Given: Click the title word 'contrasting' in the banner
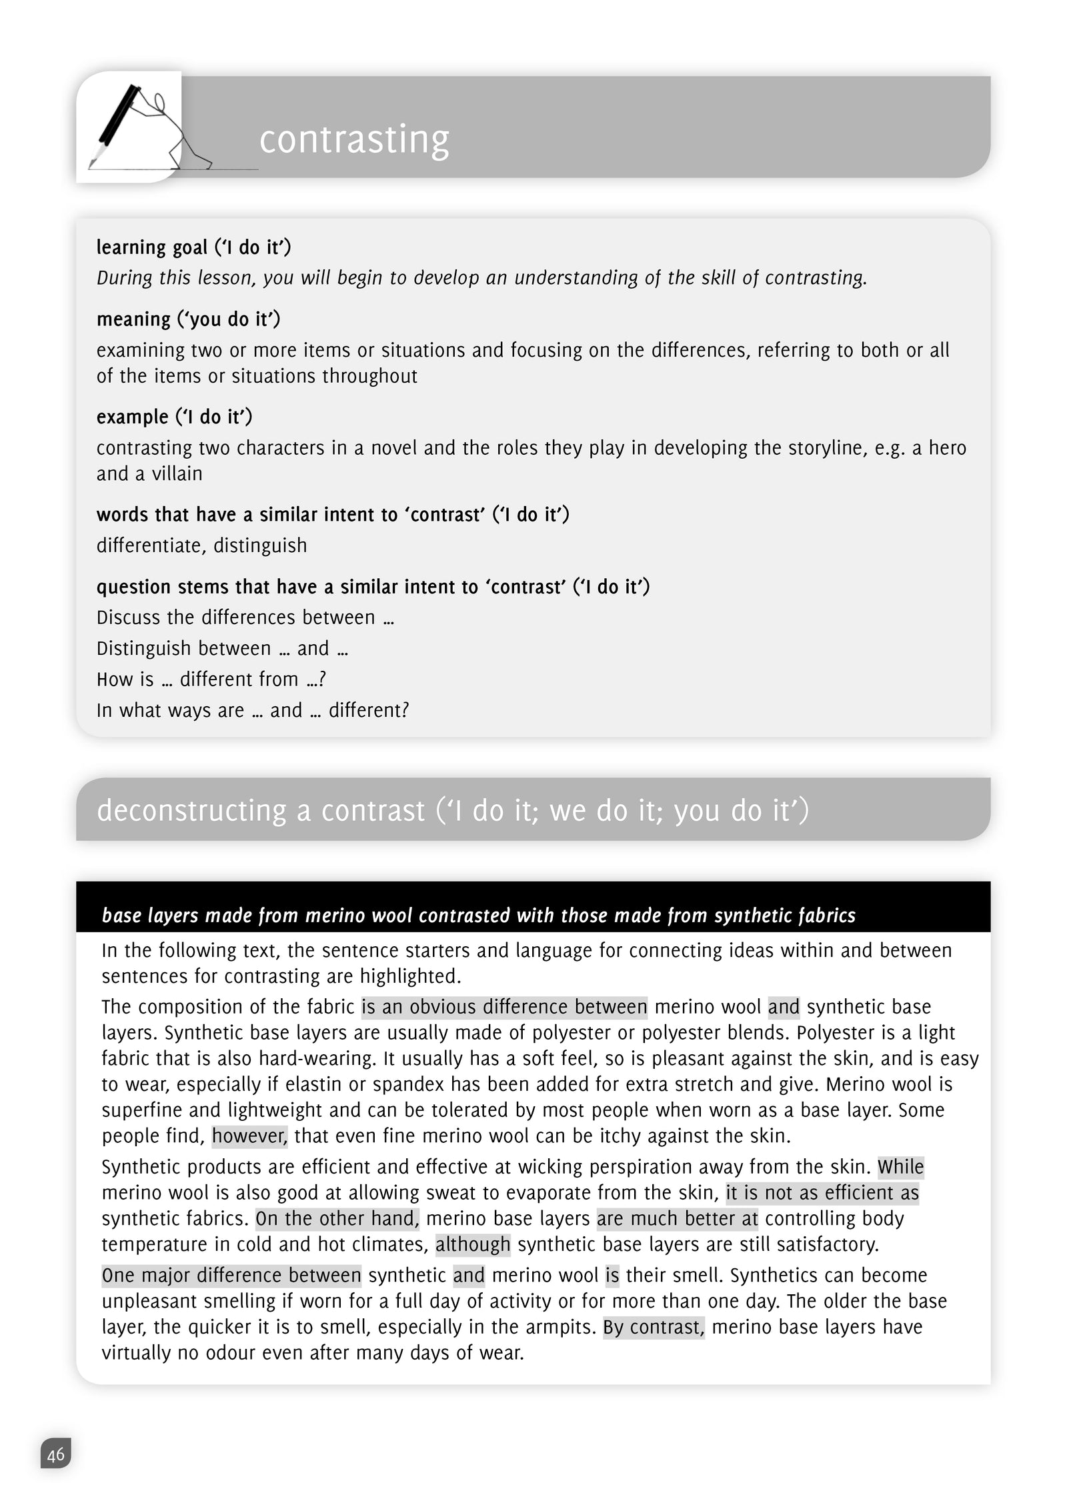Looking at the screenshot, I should pos(354,139).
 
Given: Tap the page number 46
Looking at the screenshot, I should pos(56,1454).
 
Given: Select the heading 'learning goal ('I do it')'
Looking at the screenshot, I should pos(193,247).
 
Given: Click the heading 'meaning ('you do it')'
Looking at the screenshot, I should pos(188,319).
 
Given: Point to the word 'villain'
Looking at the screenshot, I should pos(177,473).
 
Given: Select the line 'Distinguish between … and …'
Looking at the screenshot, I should pos(222,648).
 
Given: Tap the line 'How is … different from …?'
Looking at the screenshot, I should pos(211,679).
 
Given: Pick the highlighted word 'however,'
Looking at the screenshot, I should pos(249,1136).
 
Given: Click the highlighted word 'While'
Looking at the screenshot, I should pos(900,1167).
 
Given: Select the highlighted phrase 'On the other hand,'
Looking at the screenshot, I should pos(337,1218).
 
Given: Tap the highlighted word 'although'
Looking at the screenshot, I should pos(473,1244).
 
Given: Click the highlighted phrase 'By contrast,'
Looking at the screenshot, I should pos(654,1327).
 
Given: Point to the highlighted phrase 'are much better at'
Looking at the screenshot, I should pos(677,1218).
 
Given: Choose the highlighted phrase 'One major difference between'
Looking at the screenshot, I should pos(231,1275).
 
